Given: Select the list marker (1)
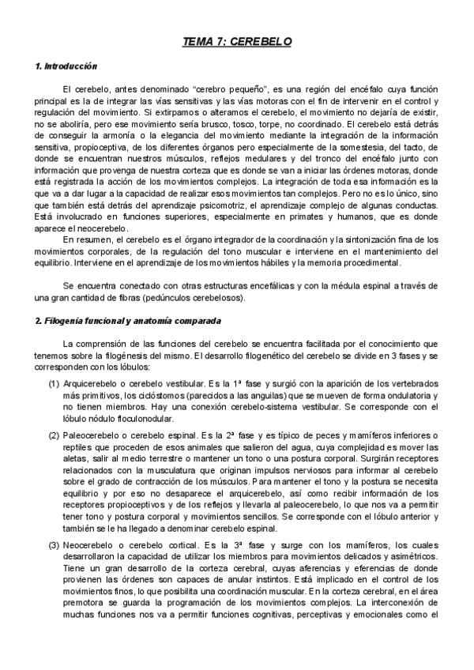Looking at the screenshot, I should (55, 382).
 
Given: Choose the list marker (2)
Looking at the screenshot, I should (55, 435).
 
